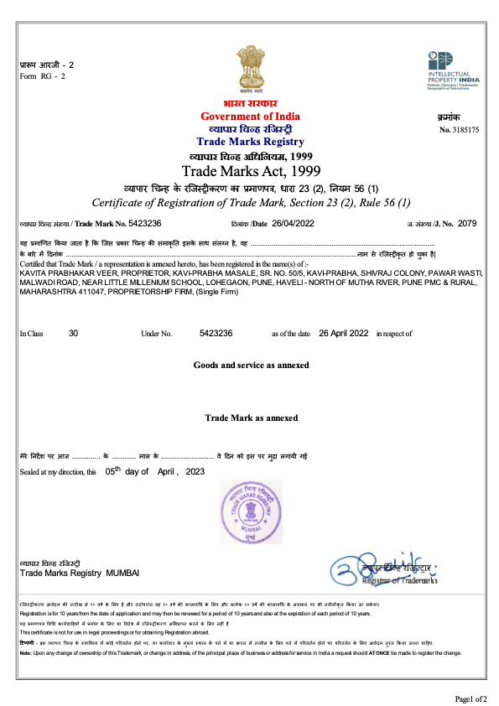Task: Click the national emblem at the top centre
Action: click(249, 70)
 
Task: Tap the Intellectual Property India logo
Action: click(454, 70)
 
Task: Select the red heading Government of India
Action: click(250, 116)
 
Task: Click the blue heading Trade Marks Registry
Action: click(250, 142)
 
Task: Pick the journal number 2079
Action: click(467, 224)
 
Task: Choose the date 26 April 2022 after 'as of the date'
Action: click(344, 334)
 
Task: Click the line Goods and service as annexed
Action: click(251, 366)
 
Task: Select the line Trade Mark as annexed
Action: click(251, 418)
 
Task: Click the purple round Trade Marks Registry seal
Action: click(250, 512)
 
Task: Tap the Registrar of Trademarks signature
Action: click(385, 569)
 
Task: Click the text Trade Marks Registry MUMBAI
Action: click(80, 572)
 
